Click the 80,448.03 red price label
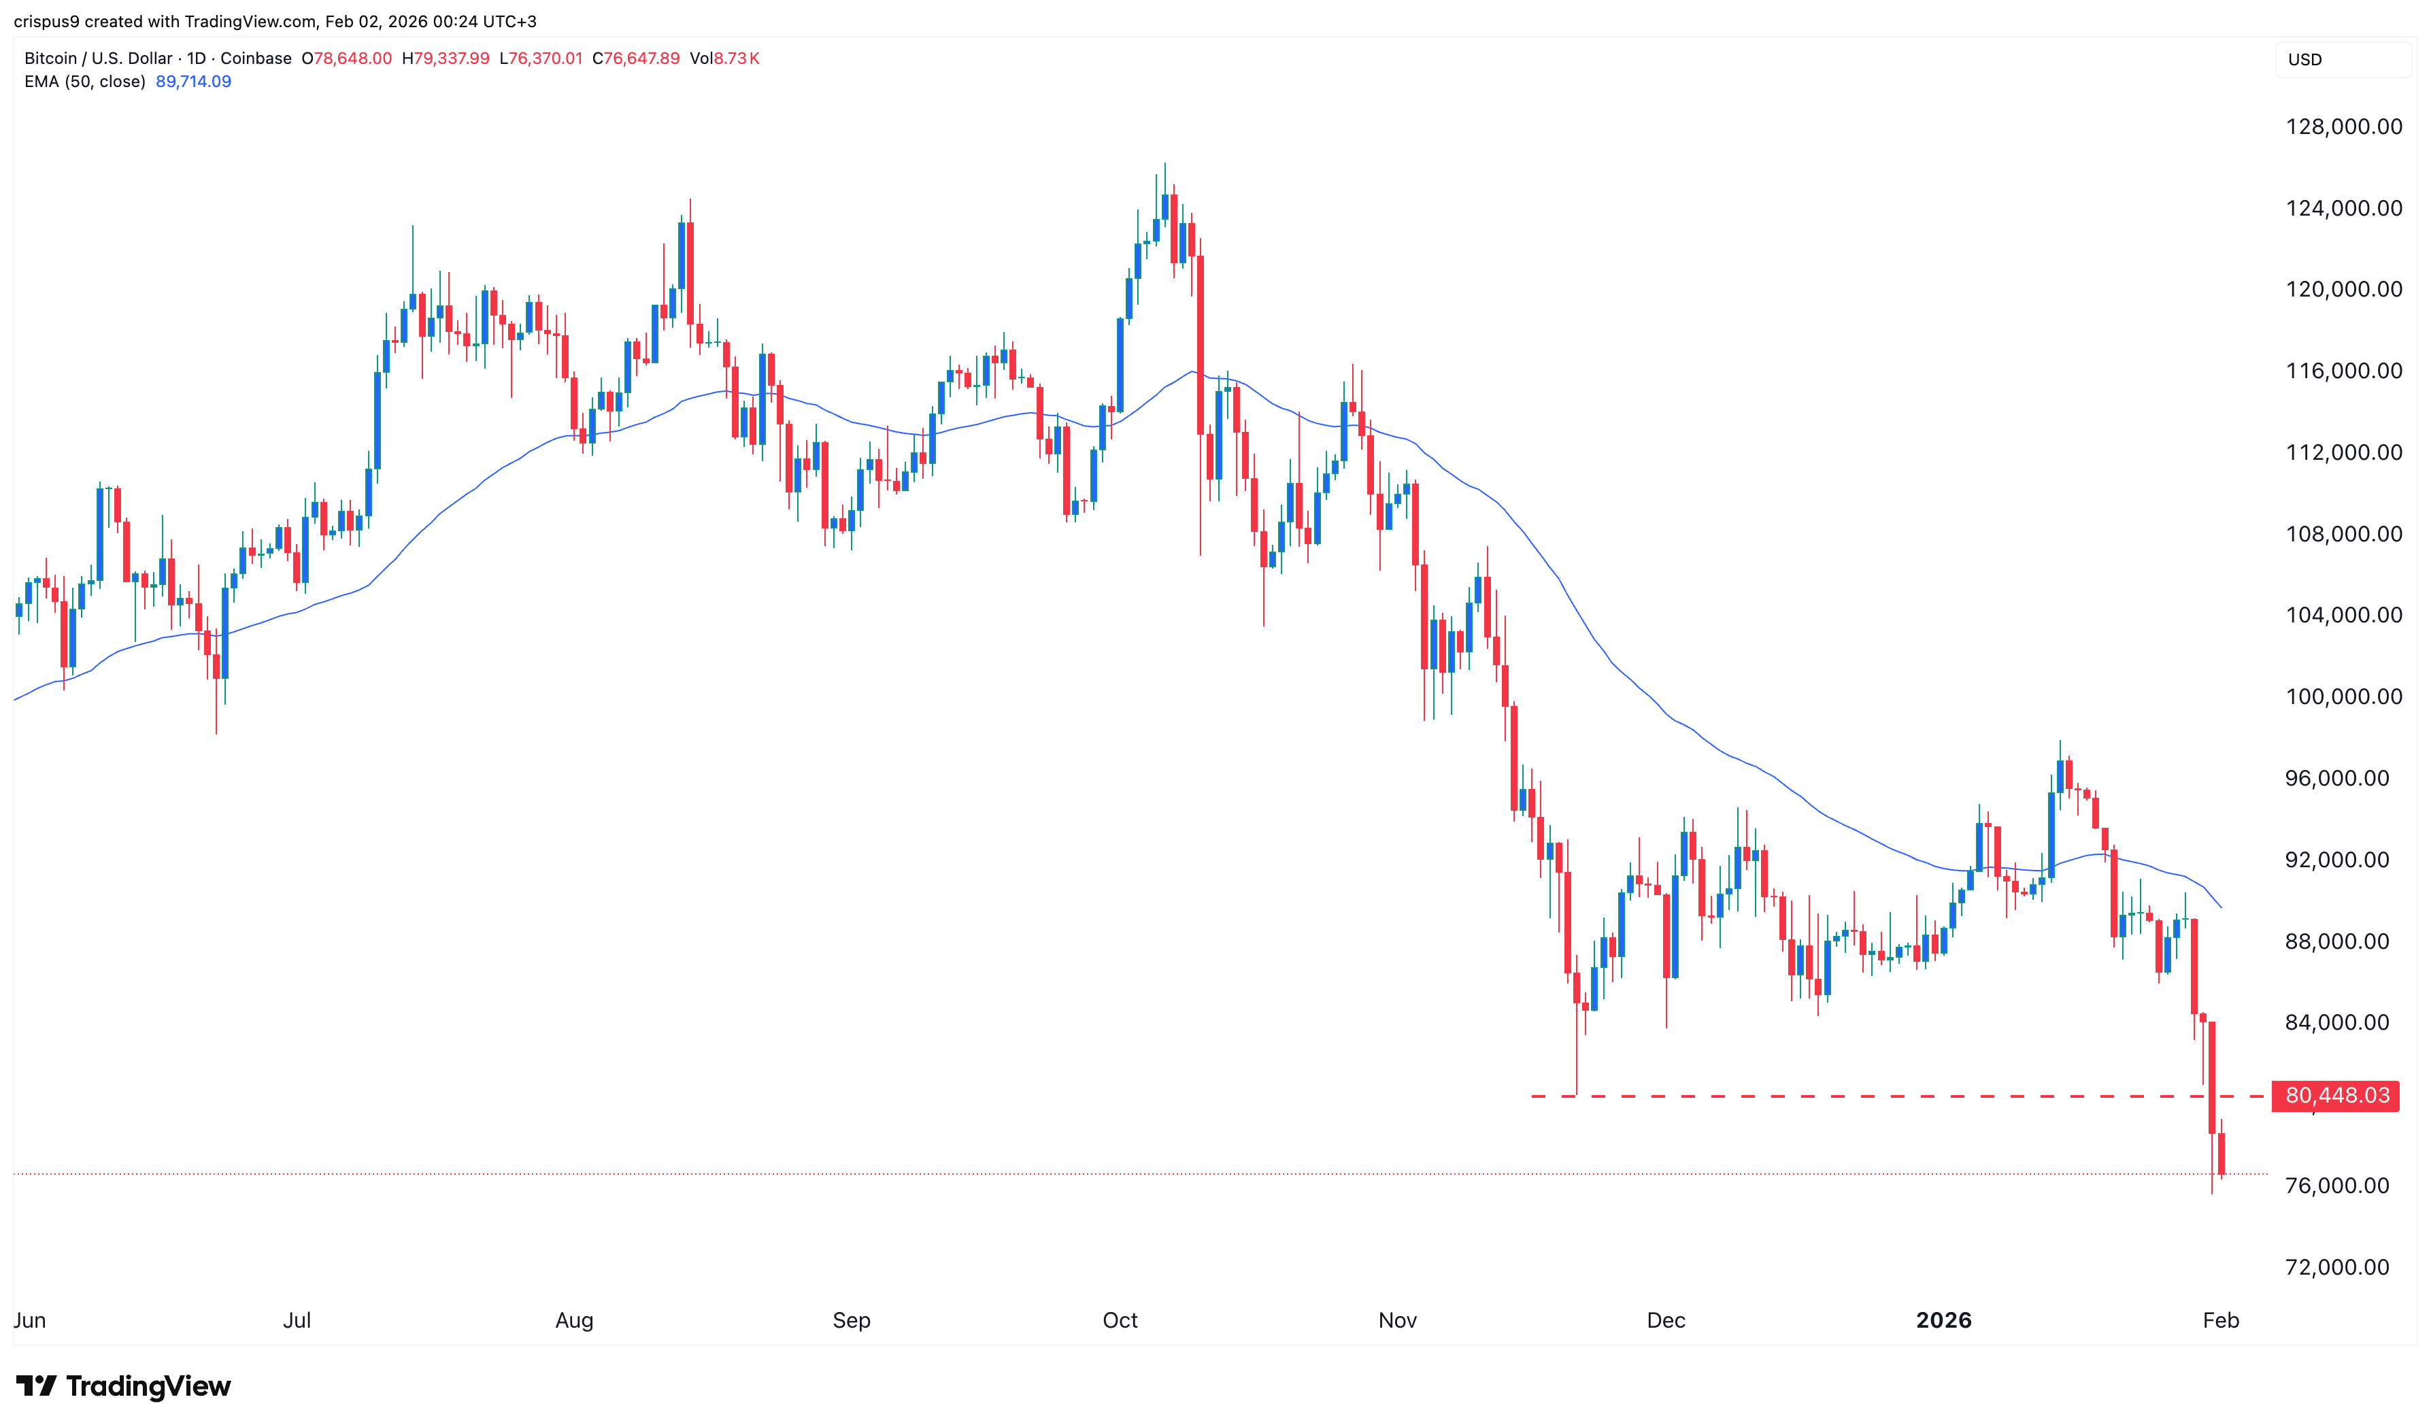[x=2336, y=1096]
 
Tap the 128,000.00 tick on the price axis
[x=2343, y=127]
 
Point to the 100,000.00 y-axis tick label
[x=2343, y=696]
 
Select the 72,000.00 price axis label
[x=2336, y=1267]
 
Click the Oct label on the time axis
[x=1120, y=1320]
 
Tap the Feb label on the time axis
[x=2221, y=1320]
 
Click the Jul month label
[x=297, y=1320]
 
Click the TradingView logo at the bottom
[x=124, y=1386]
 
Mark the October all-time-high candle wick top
[x=1164, y=164]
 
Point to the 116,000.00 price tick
[x=2343, y=371]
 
